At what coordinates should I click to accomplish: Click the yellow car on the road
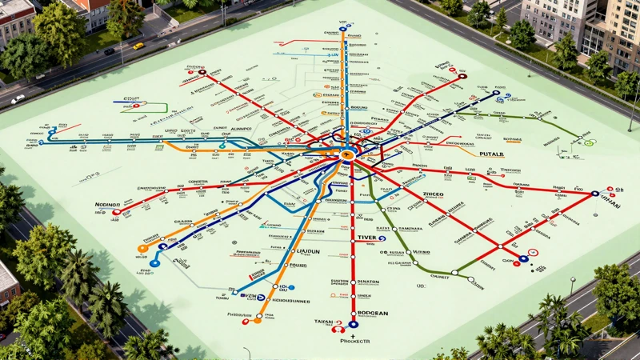[x=138, y=46]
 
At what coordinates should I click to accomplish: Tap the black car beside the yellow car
[x=110, y=51]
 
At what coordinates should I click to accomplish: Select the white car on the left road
[x=18, y=99]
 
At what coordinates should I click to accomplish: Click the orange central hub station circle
[x=347, y=155]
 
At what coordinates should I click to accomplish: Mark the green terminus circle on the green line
[x=590, y=143]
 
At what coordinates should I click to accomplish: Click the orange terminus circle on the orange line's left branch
[x=143, y=248]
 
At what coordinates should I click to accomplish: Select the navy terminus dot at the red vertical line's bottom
[x=353, y=325]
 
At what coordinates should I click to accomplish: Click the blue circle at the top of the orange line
[x=343, y=29]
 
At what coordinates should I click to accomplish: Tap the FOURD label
[x=298, y=266]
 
